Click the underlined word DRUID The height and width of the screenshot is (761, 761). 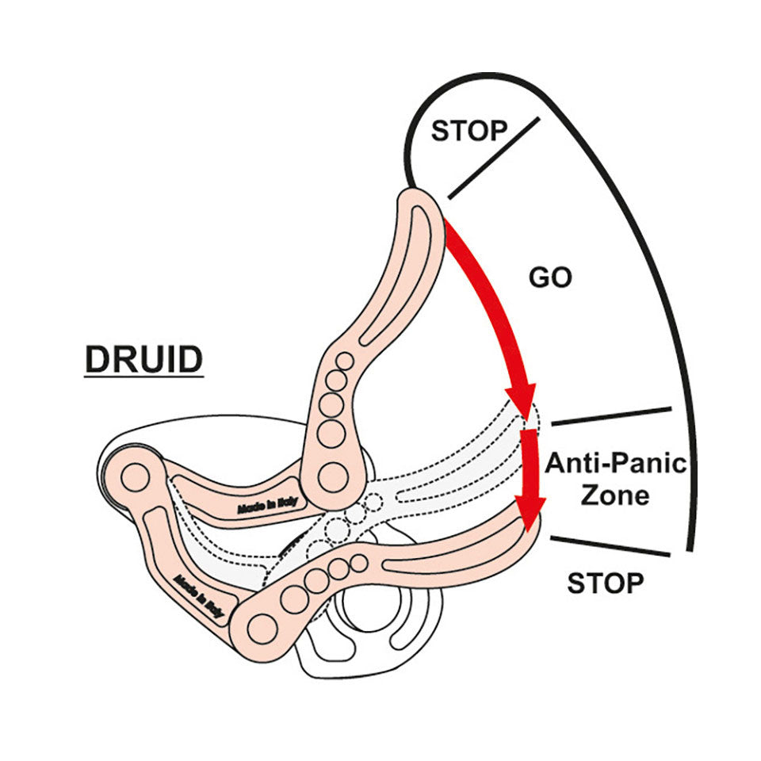point(143,359)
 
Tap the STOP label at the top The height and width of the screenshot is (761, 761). point(468,130)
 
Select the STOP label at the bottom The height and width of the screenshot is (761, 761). point(605,583)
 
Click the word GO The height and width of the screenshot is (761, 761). point(550,279)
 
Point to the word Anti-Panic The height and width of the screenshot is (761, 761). point(615,463)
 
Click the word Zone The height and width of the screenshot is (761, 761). point(615,495)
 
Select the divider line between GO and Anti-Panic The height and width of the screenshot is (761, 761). point(610,416)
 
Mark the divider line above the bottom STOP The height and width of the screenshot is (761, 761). point(610,545)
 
